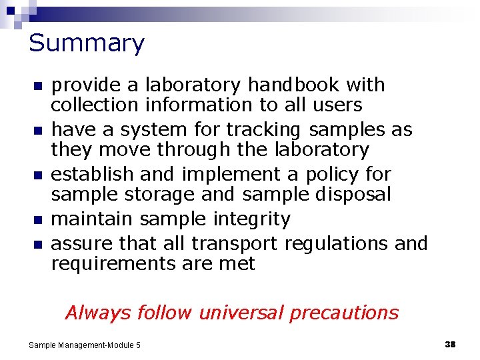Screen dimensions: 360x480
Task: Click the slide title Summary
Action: (86, 44)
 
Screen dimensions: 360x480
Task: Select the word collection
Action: (95, 105)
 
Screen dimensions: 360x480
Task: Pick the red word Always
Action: (95, 313)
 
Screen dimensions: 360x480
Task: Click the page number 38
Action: (449, 344)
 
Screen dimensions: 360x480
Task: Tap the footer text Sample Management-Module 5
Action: (85, 345)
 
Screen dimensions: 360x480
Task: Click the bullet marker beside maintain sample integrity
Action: (37, 220)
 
